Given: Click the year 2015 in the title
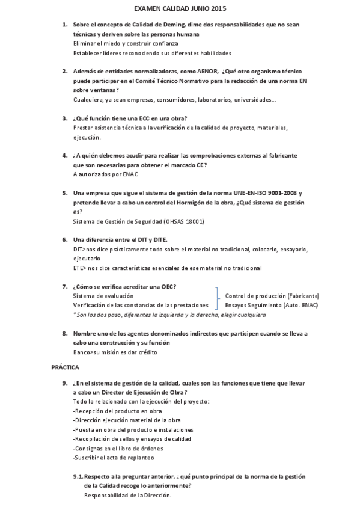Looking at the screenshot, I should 219,10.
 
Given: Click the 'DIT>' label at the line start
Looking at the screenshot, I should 79,249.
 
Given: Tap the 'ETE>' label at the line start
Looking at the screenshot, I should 79,268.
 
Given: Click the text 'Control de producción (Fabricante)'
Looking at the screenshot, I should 272,296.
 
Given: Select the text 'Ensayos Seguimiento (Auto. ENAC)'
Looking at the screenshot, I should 272,305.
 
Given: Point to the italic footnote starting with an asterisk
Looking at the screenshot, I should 169,315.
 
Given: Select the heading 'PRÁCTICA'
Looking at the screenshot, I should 65,366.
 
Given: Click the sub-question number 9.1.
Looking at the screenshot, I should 78,476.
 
